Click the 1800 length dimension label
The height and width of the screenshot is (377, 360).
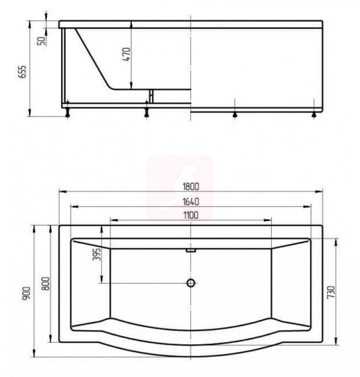point(191,187)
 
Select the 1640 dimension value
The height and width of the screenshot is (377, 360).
point(191,201)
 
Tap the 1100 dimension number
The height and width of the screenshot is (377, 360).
point(191,215)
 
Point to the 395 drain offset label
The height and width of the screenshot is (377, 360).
point(96,254)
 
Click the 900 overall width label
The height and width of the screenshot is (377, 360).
point(27,293)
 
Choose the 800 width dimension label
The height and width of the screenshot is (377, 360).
point(46,283)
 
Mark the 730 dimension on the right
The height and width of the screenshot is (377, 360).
point(331,292)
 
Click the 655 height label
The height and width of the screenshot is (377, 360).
point(22,72)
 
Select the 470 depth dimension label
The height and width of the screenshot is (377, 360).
point(127,54)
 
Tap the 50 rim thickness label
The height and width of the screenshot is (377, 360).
point(41,41)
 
